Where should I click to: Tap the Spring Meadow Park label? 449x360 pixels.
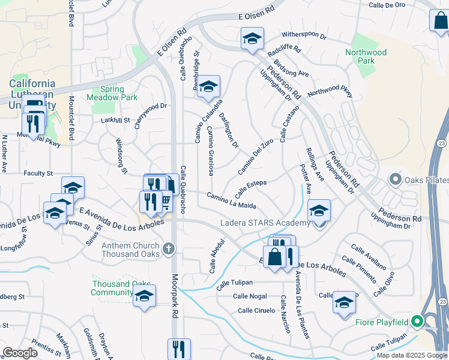[x=112, y=93]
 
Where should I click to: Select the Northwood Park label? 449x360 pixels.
[x=366, y=56]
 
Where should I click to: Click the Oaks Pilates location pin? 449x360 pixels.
[x=395, y=179]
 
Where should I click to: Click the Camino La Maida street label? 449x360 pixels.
[x=232, y=200]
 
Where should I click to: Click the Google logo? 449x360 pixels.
[x=20, y=353]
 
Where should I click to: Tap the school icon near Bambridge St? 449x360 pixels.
[x=209, y=87]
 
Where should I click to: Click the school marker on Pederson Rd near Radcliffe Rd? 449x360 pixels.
[x=252, y=39]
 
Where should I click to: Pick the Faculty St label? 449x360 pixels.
[x=38, y=173]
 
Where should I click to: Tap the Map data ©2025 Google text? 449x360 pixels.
[x=412, y=355]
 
